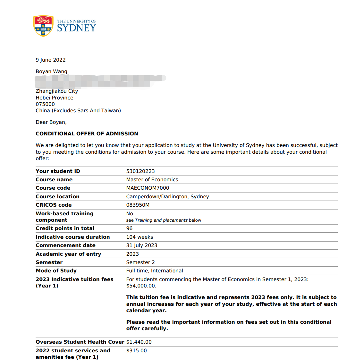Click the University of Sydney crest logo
click(x=43, y=26)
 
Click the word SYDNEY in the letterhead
click(x=77, y=28)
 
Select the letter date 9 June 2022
click(x=51, y=60)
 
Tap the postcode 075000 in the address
click(x=45, y=104)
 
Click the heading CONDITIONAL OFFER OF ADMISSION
click(x=87, y=134)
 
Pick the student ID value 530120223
click(x=140, y=171)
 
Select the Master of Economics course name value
click(x=152, y=180)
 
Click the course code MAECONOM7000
click(x=148, y=188)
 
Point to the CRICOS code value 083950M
click(x=138, y=205)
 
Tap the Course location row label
click(x=57, y=197)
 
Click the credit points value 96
click(x=129, y=228)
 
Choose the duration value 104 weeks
click(x=140, y=237)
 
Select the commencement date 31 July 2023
click(x=142, y=245)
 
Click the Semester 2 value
click(x=140, y=262)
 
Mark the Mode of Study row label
click(x=56, y=271)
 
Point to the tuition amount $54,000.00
click(x=141, y=286)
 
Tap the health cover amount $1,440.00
click(x=139, y=342)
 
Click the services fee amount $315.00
click(x=136, y=351)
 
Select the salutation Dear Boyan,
click(x=51, y=122)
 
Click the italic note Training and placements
click(x=161, y=220)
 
